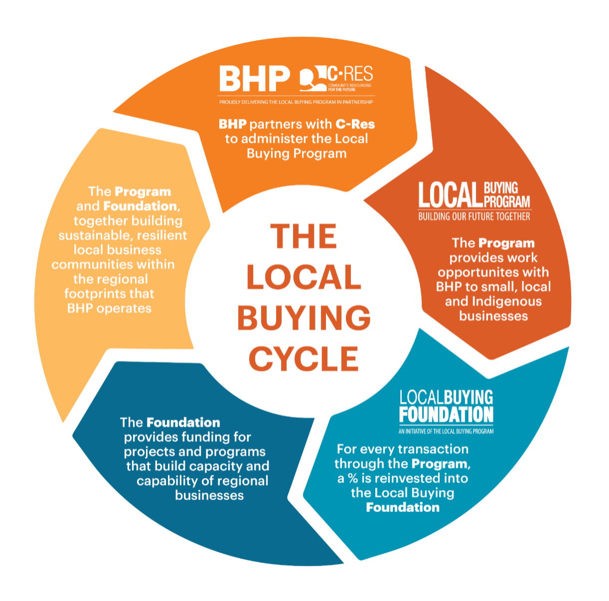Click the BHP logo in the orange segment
(x=255, y=78)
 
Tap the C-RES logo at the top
(x=336, y=79)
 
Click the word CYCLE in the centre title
(x=304, y=359)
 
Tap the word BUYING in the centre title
(x=304, y=318)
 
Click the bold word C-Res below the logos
(x=355, y=125)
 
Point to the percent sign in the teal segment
(x=353, y=478)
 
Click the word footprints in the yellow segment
(x=95, y=294)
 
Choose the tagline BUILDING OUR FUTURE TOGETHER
(x=474, y=217)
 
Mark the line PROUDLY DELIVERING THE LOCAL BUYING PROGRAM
(x=297, y=102)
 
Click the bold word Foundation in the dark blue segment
(x=183, y=423)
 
